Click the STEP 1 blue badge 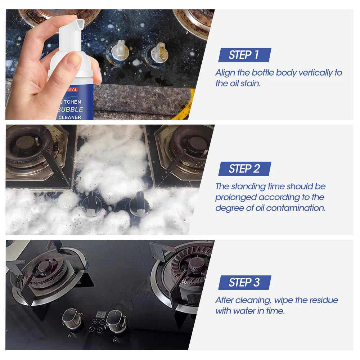[x=244, y=55]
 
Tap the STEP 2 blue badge [x=244, y=169]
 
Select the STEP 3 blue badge [x=244, y=283]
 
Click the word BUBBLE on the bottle [x=71, y=109]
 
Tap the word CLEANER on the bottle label [x=70, y=117]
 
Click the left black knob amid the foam [x=90, y=199]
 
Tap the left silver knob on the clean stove [x=69, y=317]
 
